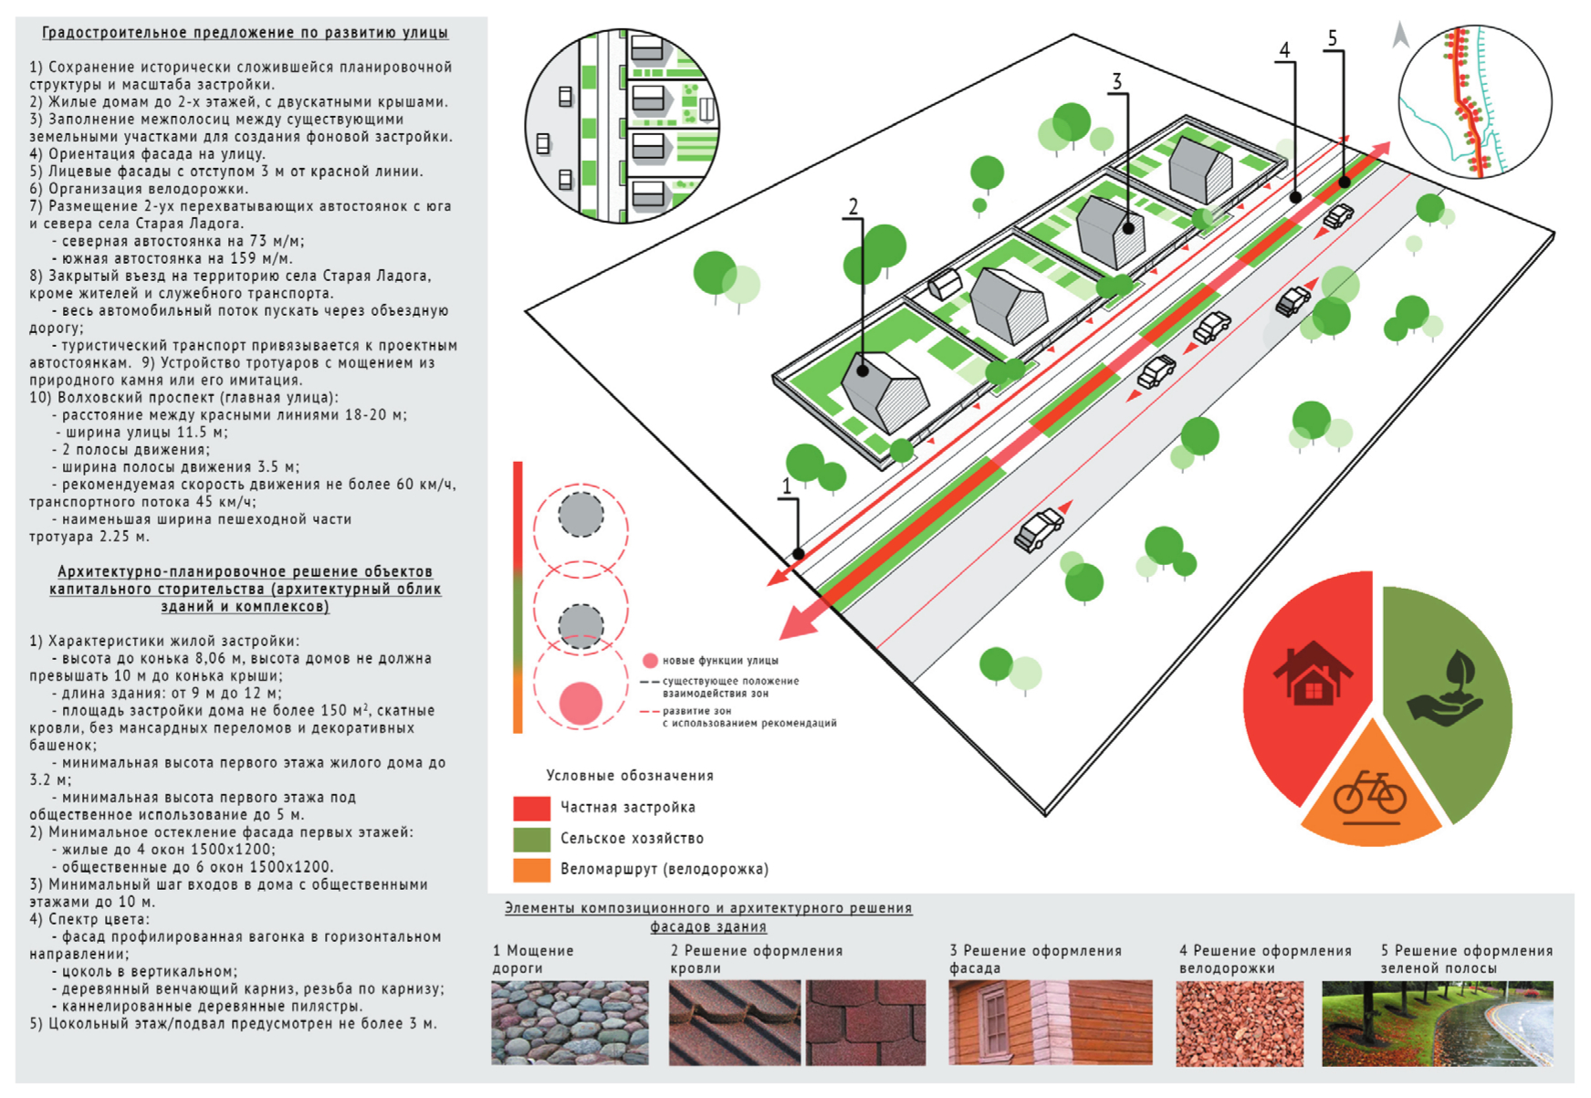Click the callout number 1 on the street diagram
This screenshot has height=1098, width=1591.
[786, 486]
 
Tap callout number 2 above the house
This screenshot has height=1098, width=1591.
[853, 206]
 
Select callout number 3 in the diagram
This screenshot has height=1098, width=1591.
[1116, 82]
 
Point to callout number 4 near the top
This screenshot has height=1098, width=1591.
[1284, 50]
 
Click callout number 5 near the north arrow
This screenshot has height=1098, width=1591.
[1333, 38]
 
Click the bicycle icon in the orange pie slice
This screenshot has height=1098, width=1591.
[1369, 792]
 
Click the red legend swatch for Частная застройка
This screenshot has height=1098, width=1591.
[531, 808]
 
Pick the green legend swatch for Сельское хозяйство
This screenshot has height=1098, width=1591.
[531, 839]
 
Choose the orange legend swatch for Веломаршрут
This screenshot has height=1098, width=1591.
[531, 870]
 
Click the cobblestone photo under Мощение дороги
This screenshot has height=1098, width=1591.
[570, 1023]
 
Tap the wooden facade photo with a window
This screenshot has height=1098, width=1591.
[1050, 1023]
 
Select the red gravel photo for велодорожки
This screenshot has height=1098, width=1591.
[1240, 1023]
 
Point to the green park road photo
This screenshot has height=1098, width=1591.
[1437, 1023]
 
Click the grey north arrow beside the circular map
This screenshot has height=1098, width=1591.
[1400, 37]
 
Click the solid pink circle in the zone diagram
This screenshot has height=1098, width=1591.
[581, 704]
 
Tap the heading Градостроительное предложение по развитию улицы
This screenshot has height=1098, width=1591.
[245, 33]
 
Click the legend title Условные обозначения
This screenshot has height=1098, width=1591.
[630, 776]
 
